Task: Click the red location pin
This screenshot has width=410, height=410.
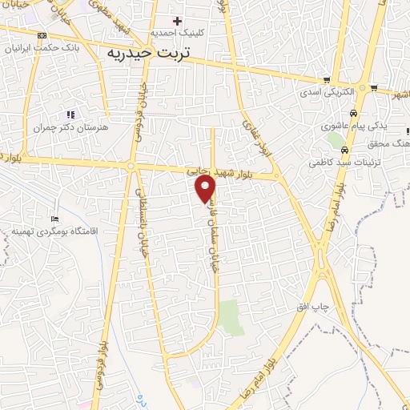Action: (x=206, y=187)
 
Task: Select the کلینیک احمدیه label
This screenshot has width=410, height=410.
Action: (x=187, y=34)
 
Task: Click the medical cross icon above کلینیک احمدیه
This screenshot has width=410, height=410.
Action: (x=177, y=20)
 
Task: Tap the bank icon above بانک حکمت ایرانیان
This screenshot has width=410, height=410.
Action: (x=42, y=35)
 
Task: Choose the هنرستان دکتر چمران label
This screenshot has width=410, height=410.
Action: (x=70, y=127)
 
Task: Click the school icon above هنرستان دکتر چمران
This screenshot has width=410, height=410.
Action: (x=70, y=115)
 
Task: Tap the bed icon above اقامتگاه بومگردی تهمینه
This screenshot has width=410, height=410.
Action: (x=54, y=219)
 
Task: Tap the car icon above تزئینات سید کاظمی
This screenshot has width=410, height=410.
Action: (x=344, y=150)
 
